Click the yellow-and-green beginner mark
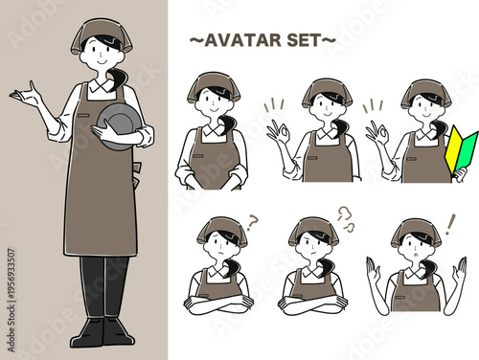[x=461, y=149]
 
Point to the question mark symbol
[x=252, y=223]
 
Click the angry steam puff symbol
[x=347, y=218]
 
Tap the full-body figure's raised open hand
[x=26, y=95]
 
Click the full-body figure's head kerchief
[x=102, y=35]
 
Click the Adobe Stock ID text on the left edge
[x=11, y=300]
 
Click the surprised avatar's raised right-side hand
[x=460, y=271]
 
